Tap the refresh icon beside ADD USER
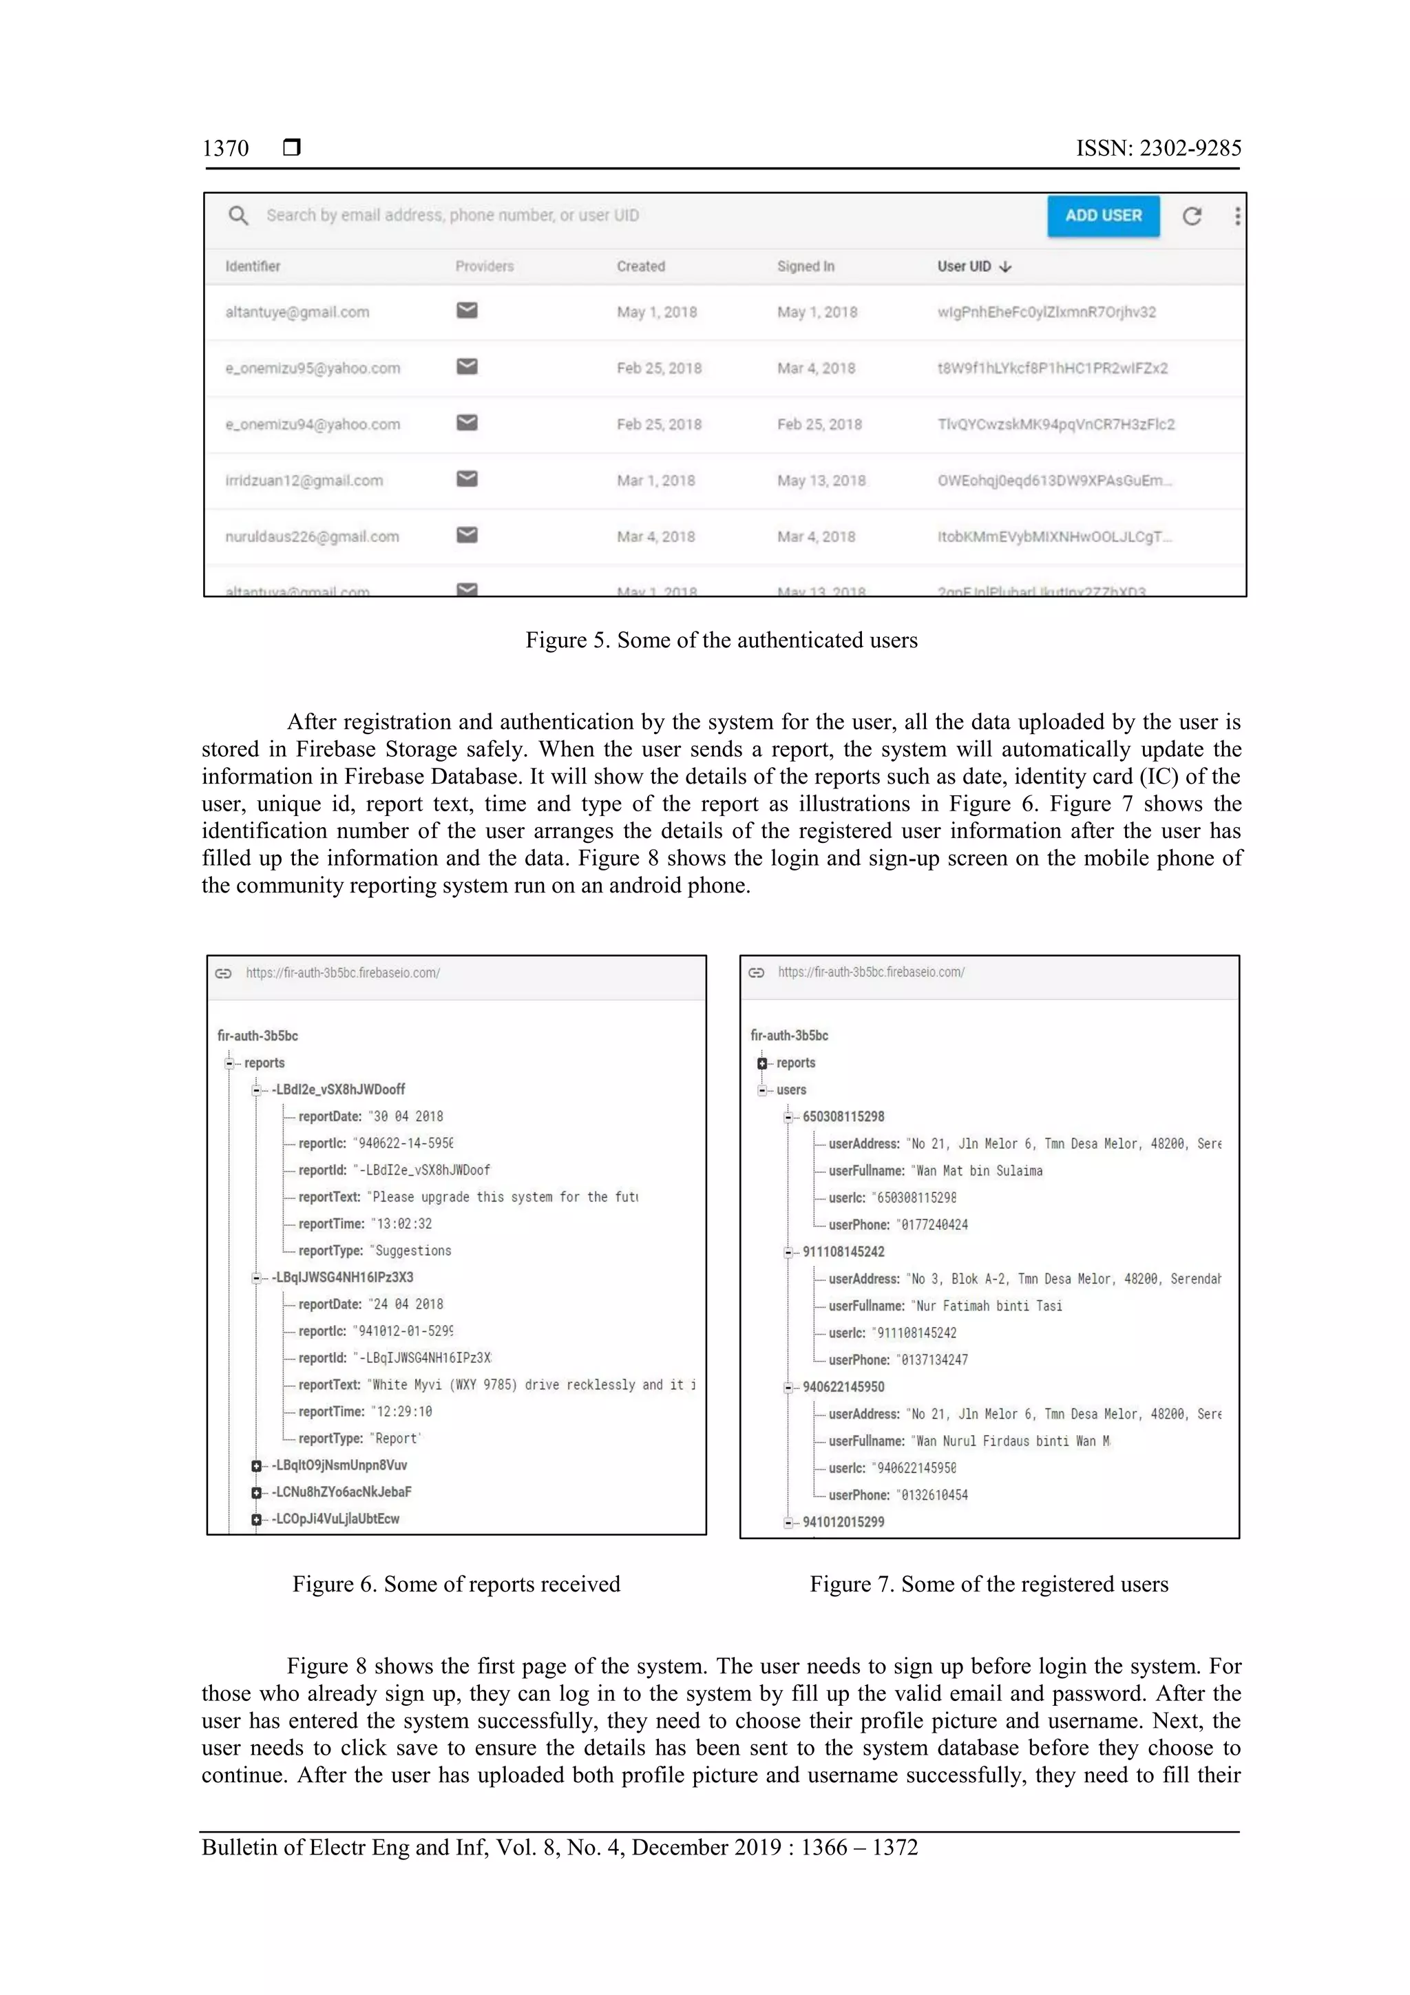pos(1191,216)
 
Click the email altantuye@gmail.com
pos(297,312)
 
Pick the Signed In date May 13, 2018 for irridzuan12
pos(821,481)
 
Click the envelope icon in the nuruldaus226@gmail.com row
pos(467,535)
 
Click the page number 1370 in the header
pos(225,149)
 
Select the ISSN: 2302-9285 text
pos(1158,149)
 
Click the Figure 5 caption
pos(721,640)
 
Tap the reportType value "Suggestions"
pos(412,1251)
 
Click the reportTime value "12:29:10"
pos(401,1411)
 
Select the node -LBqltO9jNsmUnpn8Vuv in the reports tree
pos(339,1465)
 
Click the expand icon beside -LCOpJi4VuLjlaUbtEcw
pos(256,1519)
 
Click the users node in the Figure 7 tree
pos(790,1089)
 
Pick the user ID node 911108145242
pos(843,1251)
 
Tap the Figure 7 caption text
pos(989,1584)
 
